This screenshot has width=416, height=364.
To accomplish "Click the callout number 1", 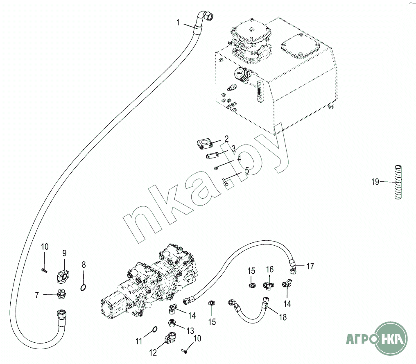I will pos(178,23).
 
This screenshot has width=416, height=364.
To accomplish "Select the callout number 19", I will pos(375,182).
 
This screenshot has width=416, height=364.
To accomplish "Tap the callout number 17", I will pos(310,267).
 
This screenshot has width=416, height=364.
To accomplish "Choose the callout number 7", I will pos(37,294).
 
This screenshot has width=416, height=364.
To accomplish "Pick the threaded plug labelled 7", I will pos(61,294).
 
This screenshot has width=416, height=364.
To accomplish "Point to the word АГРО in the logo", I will pos(358,340).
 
